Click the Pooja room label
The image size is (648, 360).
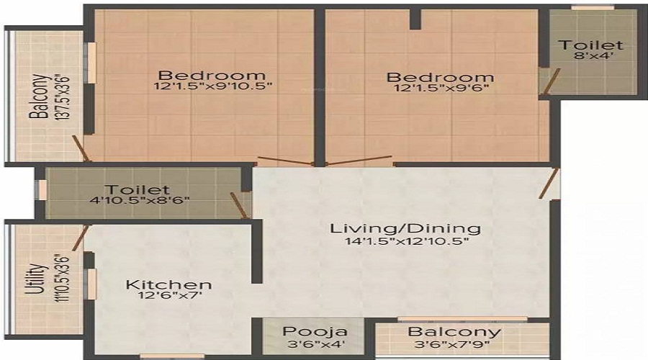pyautogui.click(x=315, y=332)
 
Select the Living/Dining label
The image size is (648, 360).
pyautogui.click(x=405, y=229)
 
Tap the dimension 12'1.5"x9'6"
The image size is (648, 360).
pyautogui.click(x=440, y=90)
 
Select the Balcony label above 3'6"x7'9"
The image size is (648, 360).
pyautogui.click(x=454, y=332)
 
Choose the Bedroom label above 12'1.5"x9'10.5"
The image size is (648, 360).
pyautogui.click(x=212, y=76)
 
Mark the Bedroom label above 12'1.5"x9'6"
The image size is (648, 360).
pyautogui.click(x=440, y=77)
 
